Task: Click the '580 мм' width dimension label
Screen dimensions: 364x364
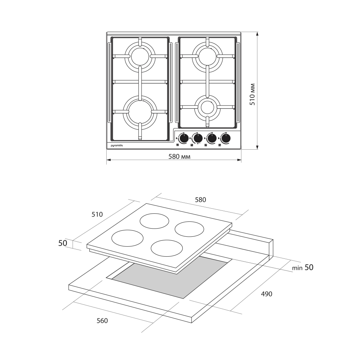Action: [179, 157]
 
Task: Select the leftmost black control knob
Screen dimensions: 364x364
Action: [184, 138]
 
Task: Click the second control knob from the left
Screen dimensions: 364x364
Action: [198, 138]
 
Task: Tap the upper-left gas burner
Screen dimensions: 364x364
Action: [140, 56]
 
